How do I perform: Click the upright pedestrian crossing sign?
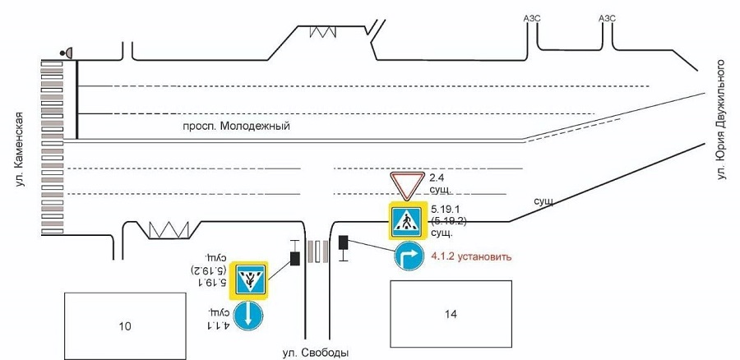(x=406, y=220)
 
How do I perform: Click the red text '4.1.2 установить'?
(x=471, y=256)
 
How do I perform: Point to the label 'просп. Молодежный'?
(x=237, y=127)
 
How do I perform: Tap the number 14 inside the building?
(x=450, y=314)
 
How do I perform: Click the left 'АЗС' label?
(x=533, y=18)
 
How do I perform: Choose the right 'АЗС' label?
(x=608, y=18)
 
